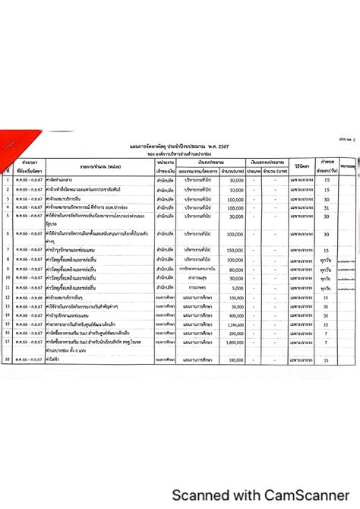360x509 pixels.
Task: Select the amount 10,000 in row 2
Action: [234, 190]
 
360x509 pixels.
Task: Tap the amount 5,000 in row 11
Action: [235, 289]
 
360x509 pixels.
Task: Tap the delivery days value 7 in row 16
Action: [327, 333]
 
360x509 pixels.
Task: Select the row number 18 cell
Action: [7, 359]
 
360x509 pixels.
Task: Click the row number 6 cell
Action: [7, 235]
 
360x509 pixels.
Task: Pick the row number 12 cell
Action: [7, 298]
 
